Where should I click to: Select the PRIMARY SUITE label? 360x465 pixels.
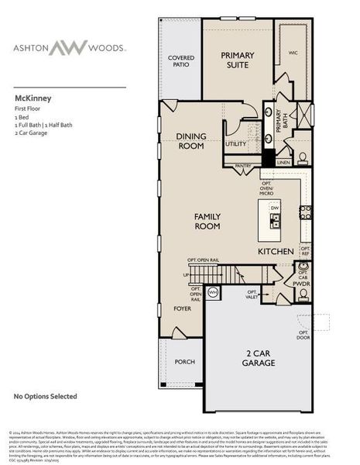[x=237, y=59]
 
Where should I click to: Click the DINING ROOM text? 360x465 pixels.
[x=190, y=140]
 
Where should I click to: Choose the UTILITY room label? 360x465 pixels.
[x=235, y=143]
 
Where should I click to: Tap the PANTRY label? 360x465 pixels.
[x=244, y=165]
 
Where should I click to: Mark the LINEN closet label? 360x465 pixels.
[x=284, y=163]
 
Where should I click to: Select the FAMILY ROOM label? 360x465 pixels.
[x=208, y=221]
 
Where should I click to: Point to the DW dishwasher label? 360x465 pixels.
[x=274, y=208]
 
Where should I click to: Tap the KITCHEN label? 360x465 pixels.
[x=276, y=252]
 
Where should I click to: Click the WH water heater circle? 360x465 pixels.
[x=214, y=291]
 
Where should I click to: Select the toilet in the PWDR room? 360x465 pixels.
[x=298, y=295]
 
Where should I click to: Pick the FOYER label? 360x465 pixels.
[x=182, y=308]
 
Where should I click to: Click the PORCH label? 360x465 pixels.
[x=185, y=360]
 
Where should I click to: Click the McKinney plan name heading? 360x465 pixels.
[x=29, y=99]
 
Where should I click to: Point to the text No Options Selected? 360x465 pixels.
[x=46, y=397]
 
